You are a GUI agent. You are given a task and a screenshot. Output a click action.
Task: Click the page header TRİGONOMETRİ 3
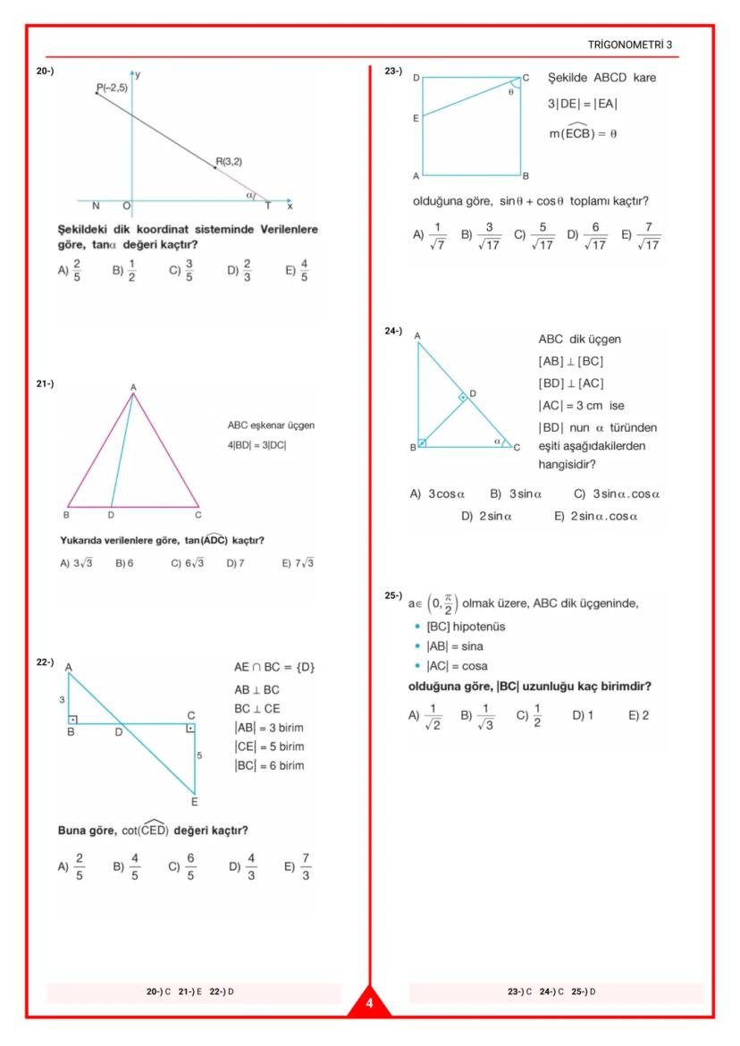coord(636,44)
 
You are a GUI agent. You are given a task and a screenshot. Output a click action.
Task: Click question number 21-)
coord(46,384)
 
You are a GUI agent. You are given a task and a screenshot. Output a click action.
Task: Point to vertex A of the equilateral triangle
coord(133,387)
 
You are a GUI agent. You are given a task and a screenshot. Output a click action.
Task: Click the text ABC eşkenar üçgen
coord(271,426)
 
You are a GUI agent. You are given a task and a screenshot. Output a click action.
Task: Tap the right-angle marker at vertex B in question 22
coord(73,718)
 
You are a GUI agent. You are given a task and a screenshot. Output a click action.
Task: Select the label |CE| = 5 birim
coord(269,747)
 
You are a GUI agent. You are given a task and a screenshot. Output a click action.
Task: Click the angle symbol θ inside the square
coord(510,91)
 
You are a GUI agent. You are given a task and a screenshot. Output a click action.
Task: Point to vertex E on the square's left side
coord(416,117)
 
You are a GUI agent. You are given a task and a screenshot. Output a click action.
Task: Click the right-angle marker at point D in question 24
coord(463,397)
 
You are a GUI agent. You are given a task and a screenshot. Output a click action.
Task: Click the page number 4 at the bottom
coord(369,1005)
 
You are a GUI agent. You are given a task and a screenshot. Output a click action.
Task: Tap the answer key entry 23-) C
coord(519,991)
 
